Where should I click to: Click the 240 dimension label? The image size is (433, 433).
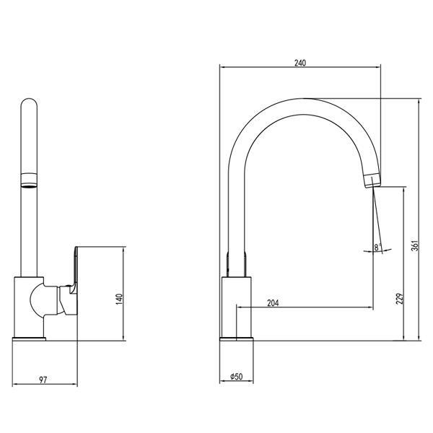(300, 63)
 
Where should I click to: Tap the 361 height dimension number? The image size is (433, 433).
(415, 246)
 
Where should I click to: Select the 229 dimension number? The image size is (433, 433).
(400, 299)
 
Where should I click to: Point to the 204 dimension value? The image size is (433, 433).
(273, 303)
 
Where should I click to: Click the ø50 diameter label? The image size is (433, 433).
(237, 377)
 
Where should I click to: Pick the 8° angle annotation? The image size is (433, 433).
(377, 247)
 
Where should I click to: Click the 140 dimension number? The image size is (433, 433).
(119, 299)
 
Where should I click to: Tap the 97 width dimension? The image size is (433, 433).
(43, 380)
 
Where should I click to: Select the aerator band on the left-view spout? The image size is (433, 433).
(29, 180)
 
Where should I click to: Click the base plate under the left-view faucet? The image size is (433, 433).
(29, 339)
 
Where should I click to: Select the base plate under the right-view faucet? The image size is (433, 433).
(237, 339)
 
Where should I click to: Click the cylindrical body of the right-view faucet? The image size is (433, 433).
(237, 307)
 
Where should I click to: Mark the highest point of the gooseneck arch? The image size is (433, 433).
(304, 98)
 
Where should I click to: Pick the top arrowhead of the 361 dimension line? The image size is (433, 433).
(419, 101)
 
